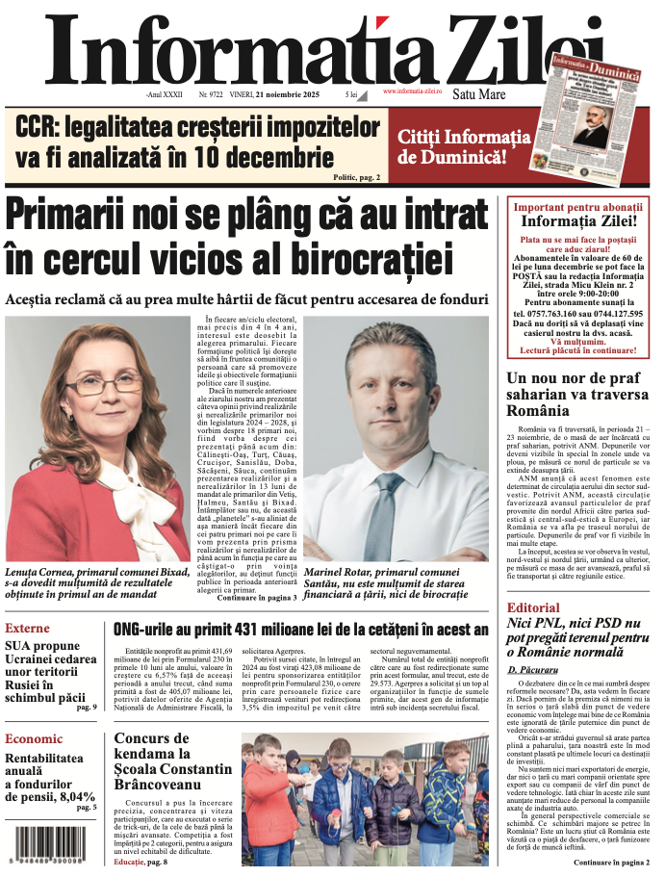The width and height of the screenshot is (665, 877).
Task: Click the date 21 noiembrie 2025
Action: [281, 95]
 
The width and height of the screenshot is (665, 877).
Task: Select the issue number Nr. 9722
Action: [211, 95]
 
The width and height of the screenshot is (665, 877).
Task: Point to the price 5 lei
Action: [351, 95]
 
